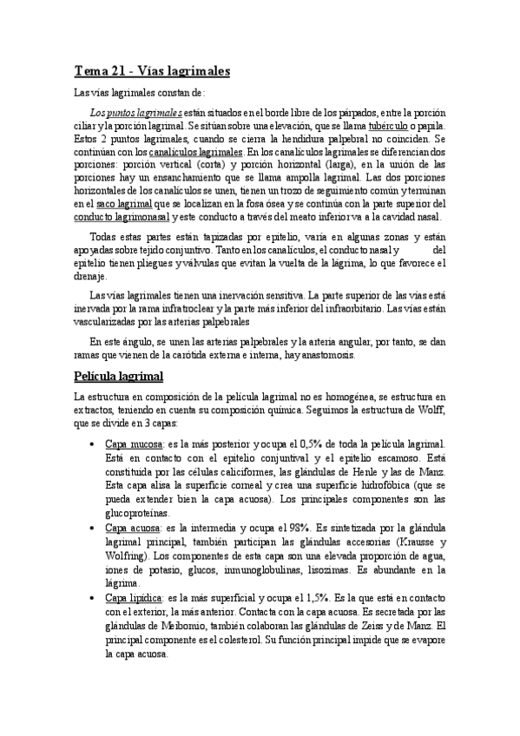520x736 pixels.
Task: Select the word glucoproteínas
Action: [x=138, y=514]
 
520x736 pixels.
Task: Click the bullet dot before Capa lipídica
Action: [x=92, y=599]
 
